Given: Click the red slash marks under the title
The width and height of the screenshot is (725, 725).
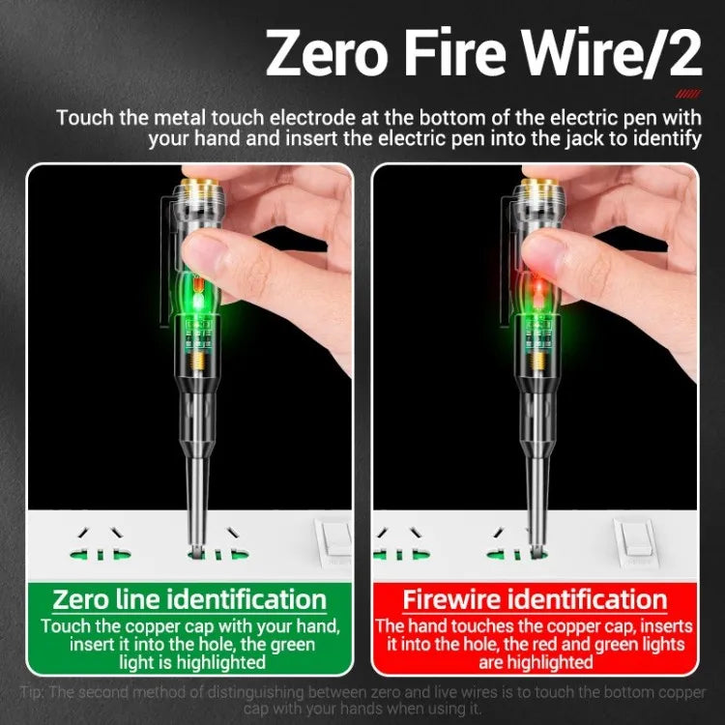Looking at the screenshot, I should (x=687, y=95).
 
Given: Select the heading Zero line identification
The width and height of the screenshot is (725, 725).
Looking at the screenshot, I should (x=188, y=598).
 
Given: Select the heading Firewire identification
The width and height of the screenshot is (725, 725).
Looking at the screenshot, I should (x=535, y=598).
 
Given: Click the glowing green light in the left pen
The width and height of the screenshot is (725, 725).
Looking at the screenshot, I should (x=199, y=301).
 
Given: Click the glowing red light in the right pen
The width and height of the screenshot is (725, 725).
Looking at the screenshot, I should (x=537, y=287).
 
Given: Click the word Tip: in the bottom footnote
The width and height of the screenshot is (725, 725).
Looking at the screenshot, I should (x=36, y=692).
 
